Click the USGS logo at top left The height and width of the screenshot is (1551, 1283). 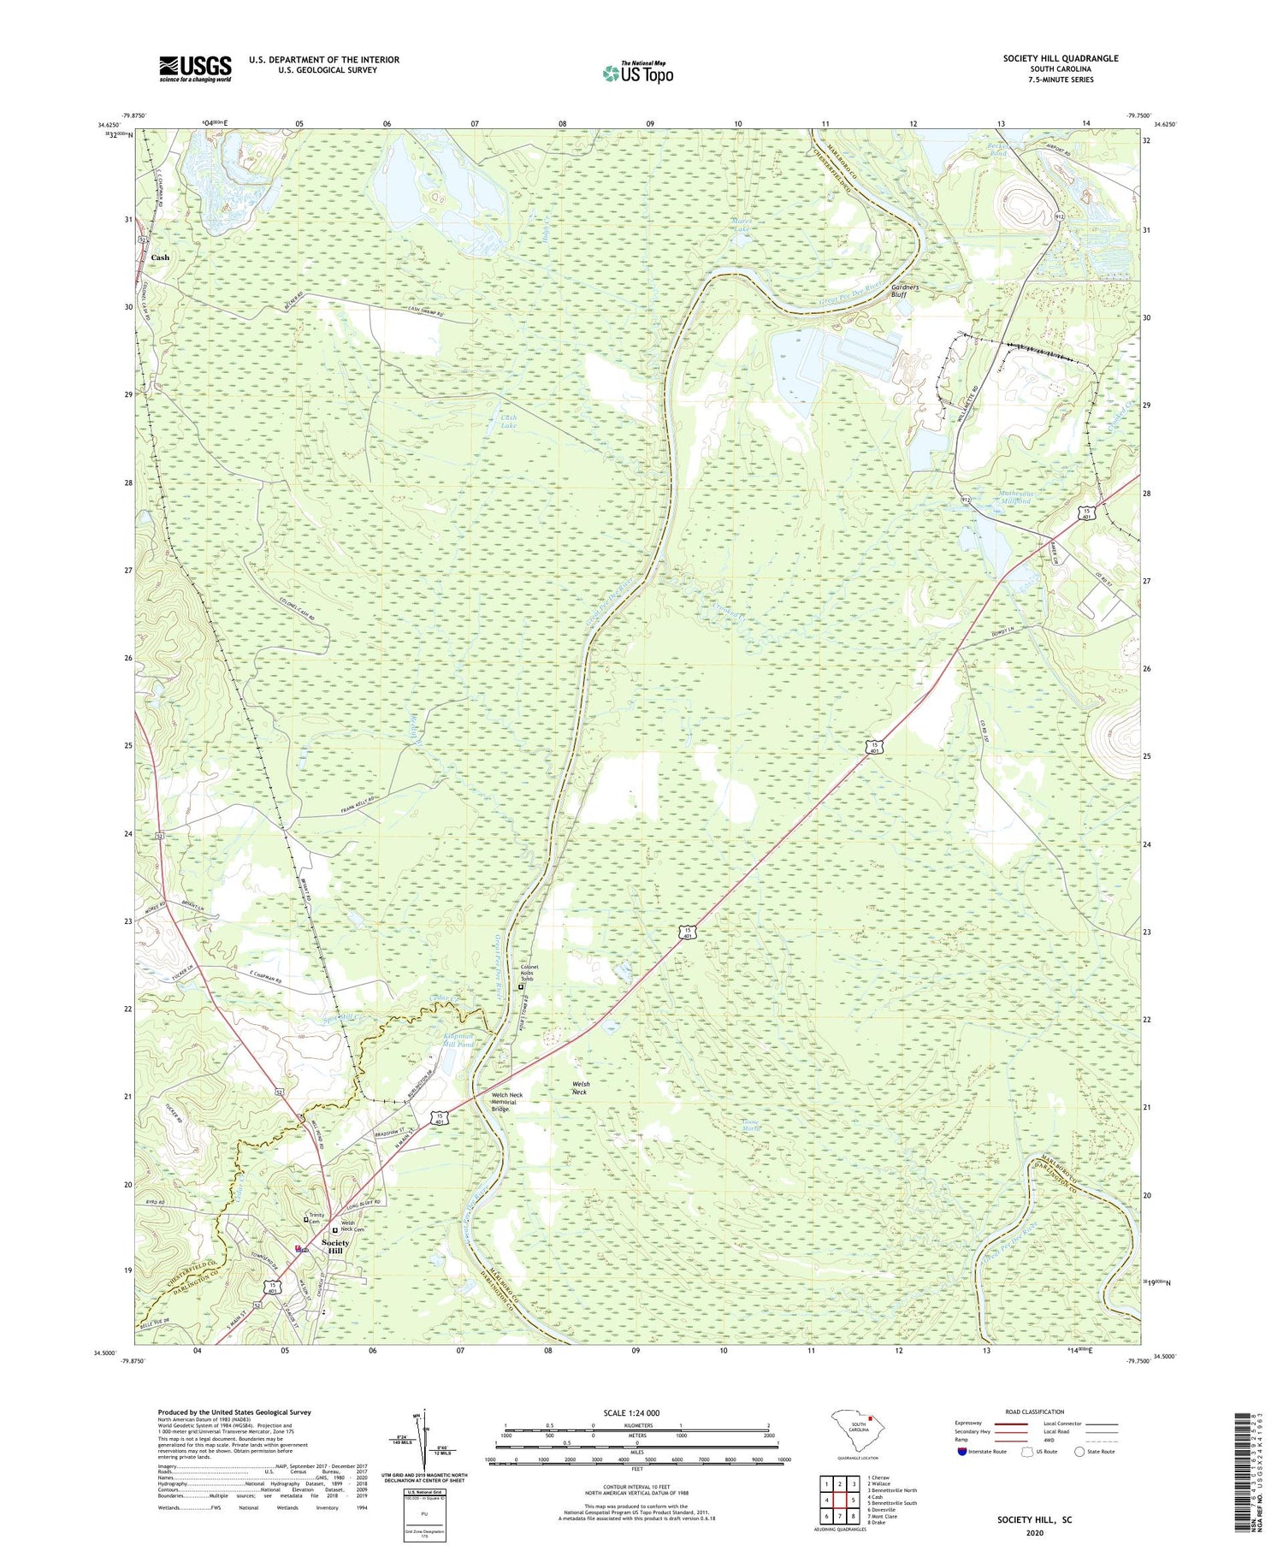(195, 68)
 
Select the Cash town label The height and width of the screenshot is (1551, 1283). (160, 258)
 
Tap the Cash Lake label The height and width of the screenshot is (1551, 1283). (508, 421)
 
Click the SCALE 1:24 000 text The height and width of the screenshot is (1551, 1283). (636, 1412)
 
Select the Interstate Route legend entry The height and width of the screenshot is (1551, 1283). (982, 1452)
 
